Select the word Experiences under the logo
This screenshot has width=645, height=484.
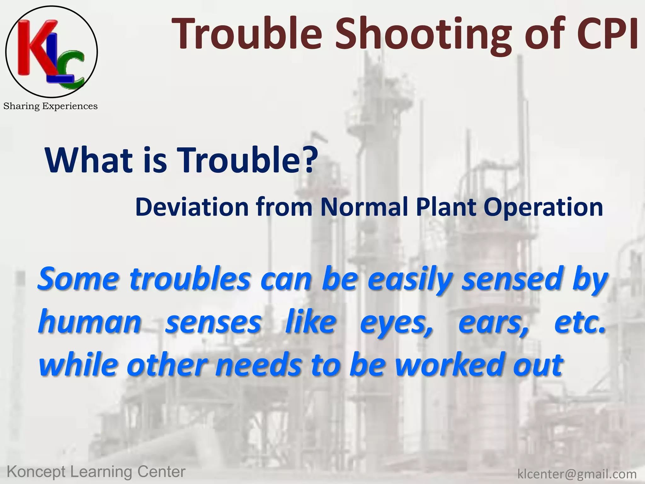70,107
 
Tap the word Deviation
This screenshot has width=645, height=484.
192,207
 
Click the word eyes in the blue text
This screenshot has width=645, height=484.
397,323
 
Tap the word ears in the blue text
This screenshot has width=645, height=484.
493,323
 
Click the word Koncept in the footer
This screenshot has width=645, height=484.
37,472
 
